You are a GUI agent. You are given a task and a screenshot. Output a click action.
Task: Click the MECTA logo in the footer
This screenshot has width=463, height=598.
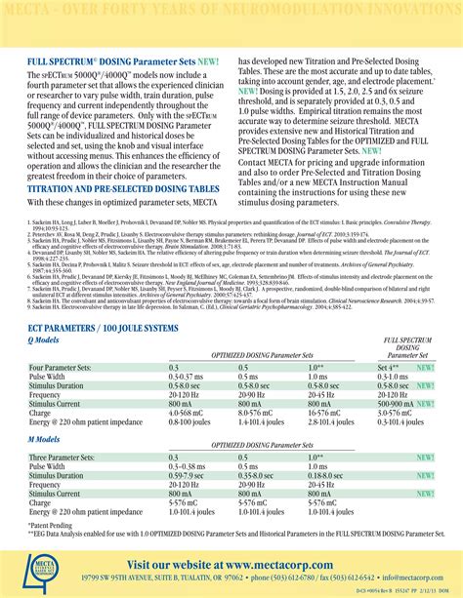40,561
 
